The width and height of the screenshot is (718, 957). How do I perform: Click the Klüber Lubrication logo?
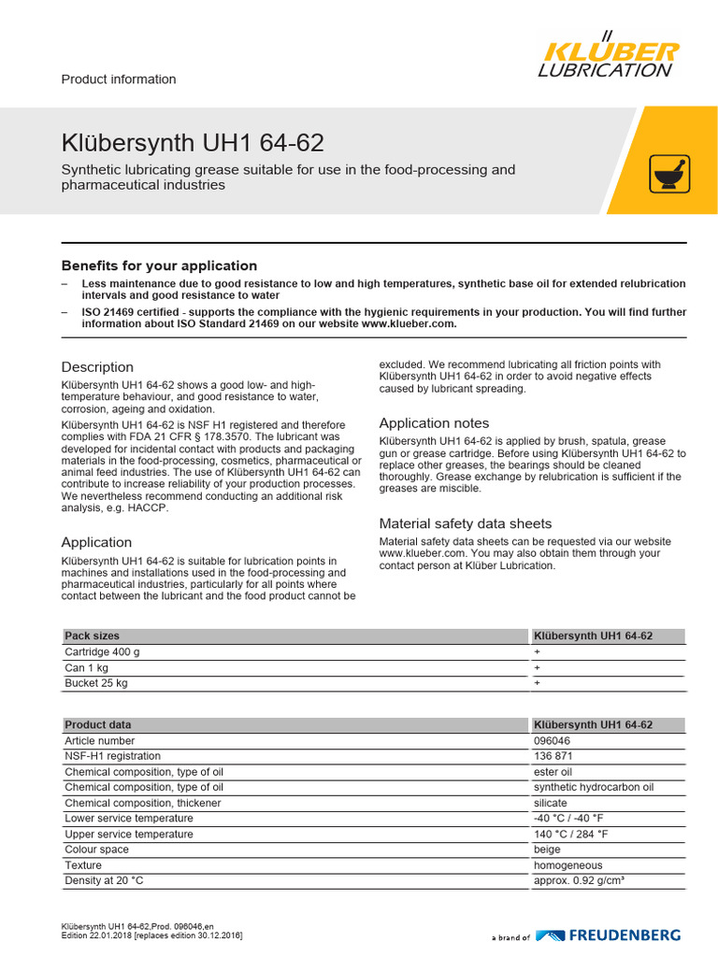click(608, 57)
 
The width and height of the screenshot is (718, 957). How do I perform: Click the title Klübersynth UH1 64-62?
click(193, 143)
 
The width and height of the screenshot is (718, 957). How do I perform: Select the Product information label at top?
click(118, 79)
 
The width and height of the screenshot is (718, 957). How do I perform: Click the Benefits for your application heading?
click(159, 265)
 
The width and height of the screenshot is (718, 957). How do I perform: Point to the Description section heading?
click(97, 367)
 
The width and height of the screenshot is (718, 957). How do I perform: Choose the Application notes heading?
click(434, 423)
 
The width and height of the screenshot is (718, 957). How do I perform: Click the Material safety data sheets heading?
click(465, 523)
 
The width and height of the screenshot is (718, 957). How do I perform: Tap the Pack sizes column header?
click(92, 636)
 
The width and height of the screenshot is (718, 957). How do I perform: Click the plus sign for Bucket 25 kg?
click(538, 683)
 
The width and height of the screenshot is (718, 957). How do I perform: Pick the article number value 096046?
click(552, 740)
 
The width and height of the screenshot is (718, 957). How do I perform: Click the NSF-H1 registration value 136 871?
click(553, 756)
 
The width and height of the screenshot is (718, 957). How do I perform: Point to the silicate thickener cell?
click(551, 803)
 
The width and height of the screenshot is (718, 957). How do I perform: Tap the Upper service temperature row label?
click(129, 835)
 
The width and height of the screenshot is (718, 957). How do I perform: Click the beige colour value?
click(547, 850)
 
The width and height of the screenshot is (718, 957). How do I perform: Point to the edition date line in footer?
click(151, 936)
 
